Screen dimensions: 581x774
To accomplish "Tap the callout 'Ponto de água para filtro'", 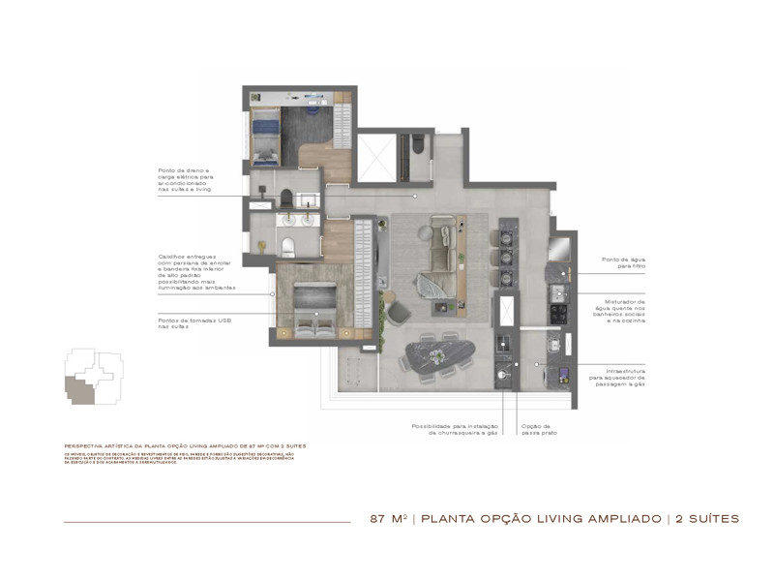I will (623, 262).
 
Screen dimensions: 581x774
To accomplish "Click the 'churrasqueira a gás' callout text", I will (457, 429).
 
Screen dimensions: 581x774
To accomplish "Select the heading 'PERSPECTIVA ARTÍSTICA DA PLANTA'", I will (184, 444).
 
